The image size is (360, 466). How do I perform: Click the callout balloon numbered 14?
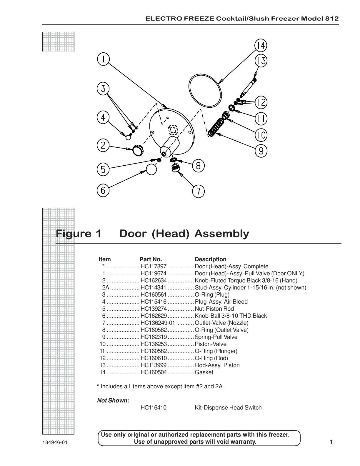261,45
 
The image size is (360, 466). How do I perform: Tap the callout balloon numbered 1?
103,59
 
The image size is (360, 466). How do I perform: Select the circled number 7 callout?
199,192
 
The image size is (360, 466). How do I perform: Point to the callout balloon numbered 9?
261,151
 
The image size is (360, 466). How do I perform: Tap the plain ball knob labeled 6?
151,170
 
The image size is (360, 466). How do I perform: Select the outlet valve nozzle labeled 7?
176,169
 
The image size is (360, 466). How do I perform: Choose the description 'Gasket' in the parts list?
204,372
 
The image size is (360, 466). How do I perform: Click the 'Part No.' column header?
151,259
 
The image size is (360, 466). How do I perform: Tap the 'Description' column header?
211,259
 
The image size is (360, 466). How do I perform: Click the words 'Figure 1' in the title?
79,234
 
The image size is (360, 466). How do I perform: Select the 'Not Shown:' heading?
113,401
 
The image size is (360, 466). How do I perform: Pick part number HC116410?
154,408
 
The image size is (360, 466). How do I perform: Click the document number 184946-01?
55,442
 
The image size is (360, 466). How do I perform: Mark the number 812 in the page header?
332,19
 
